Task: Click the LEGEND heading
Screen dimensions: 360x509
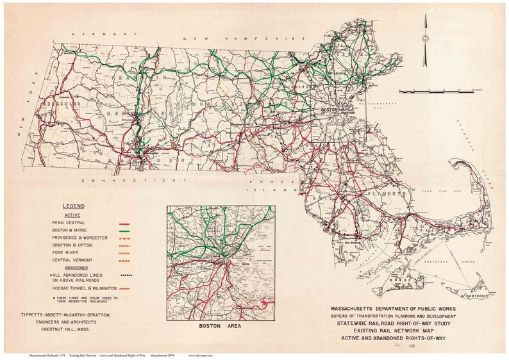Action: tap(77, 207)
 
